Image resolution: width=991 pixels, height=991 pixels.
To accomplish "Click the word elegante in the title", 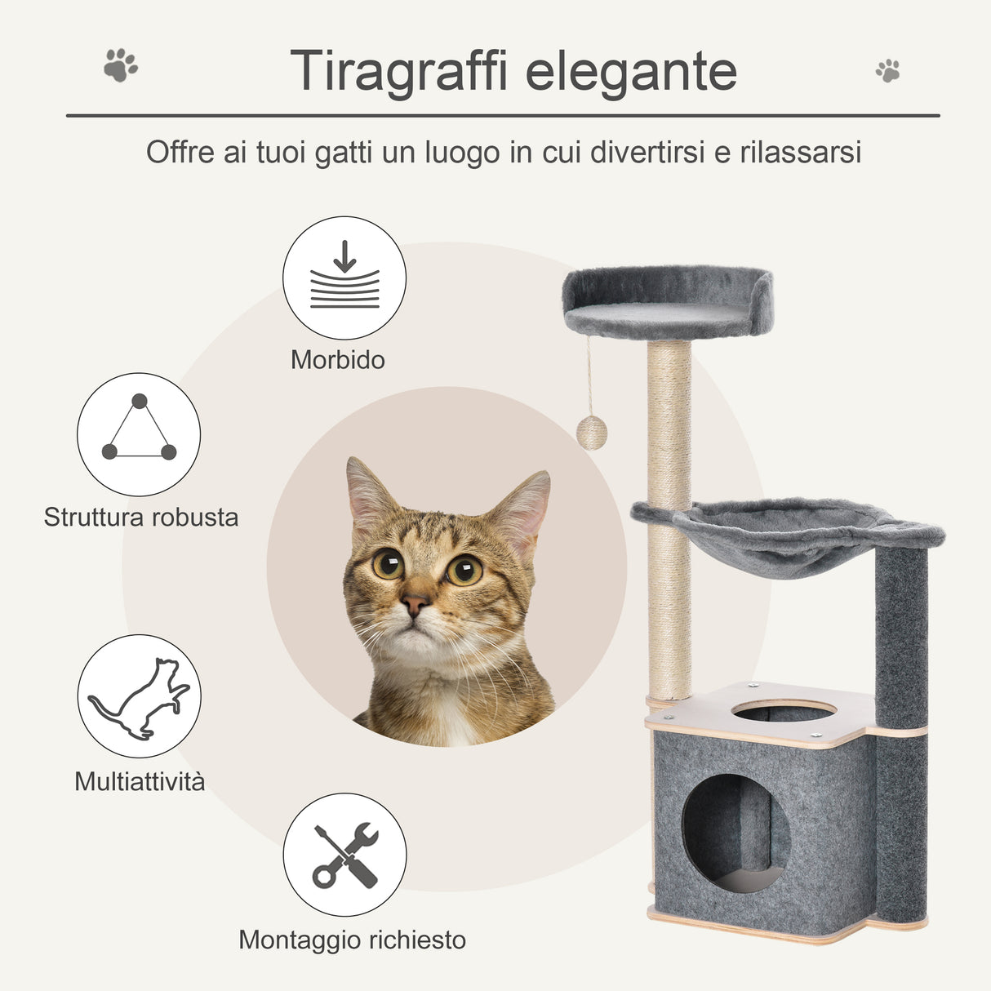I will click(x=631, y=72).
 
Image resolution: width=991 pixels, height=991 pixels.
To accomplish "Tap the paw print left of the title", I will click(x=121, y=65).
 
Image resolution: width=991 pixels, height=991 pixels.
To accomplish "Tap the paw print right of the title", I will click(x=887, y=70).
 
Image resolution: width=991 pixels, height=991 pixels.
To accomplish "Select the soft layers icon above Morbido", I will click(x=344, y=277).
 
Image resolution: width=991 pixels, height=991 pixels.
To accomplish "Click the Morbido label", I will click(x=338, y=360).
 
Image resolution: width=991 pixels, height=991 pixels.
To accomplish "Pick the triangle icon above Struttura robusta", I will click(x=139, y=433).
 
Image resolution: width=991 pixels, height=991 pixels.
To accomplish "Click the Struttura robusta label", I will click(x=141, y=517).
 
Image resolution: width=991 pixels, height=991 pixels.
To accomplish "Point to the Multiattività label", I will click(x=140, y=781).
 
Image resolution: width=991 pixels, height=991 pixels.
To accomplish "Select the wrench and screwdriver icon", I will click(x=344, y=855).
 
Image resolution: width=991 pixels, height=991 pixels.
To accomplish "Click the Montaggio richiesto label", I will click(x=352, y=940).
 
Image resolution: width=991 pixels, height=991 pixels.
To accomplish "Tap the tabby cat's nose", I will click(x=415, y=605).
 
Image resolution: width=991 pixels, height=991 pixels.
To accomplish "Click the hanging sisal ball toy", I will click(x=592, y=433).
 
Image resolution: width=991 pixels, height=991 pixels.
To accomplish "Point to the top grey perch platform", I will click(x=667, y=301).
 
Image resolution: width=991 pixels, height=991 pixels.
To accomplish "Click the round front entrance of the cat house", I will click(x=735, y=833).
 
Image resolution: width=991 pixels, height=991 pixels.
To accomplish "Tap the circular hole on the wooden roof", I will click(x=784, y=711).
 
